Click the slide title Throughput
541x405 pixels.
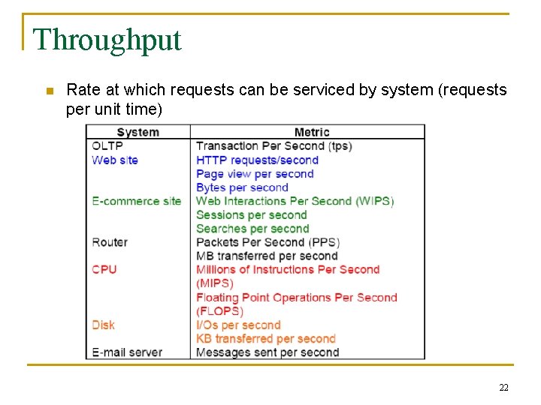(107, 40)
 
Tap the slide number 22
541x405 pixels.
(503, 387)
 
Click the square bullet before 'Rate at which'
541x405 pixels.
(49, 91)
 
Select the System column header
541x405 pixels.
(138, 132)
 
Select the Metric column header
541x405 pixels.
(312, 132)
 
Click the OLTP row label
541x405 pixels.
(107, 145)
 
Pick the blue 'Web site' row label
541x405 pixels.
(115, 160)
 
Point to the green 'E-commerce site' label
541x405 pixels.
(137, 201)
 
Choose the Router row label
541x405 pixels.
(110, 242)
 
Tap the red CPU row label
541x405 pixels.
(104, 269)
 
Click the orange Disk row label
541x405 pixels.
(104, 325)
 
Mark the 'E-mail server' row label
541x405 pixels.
(127, 352)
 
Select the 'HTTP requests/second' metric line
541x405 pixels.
(258, 160)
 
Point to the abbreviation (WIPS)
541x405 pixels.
(374, 201)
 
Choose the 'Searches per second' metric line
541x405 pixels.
(252, 229)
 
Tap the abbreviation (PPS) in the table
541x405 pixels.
(324, 242)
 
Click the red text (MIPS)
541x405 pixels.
(215, 283)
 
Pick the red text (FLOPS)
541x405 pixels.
(220, 311)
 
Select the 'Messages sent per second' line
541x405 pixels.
(267, 352)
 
